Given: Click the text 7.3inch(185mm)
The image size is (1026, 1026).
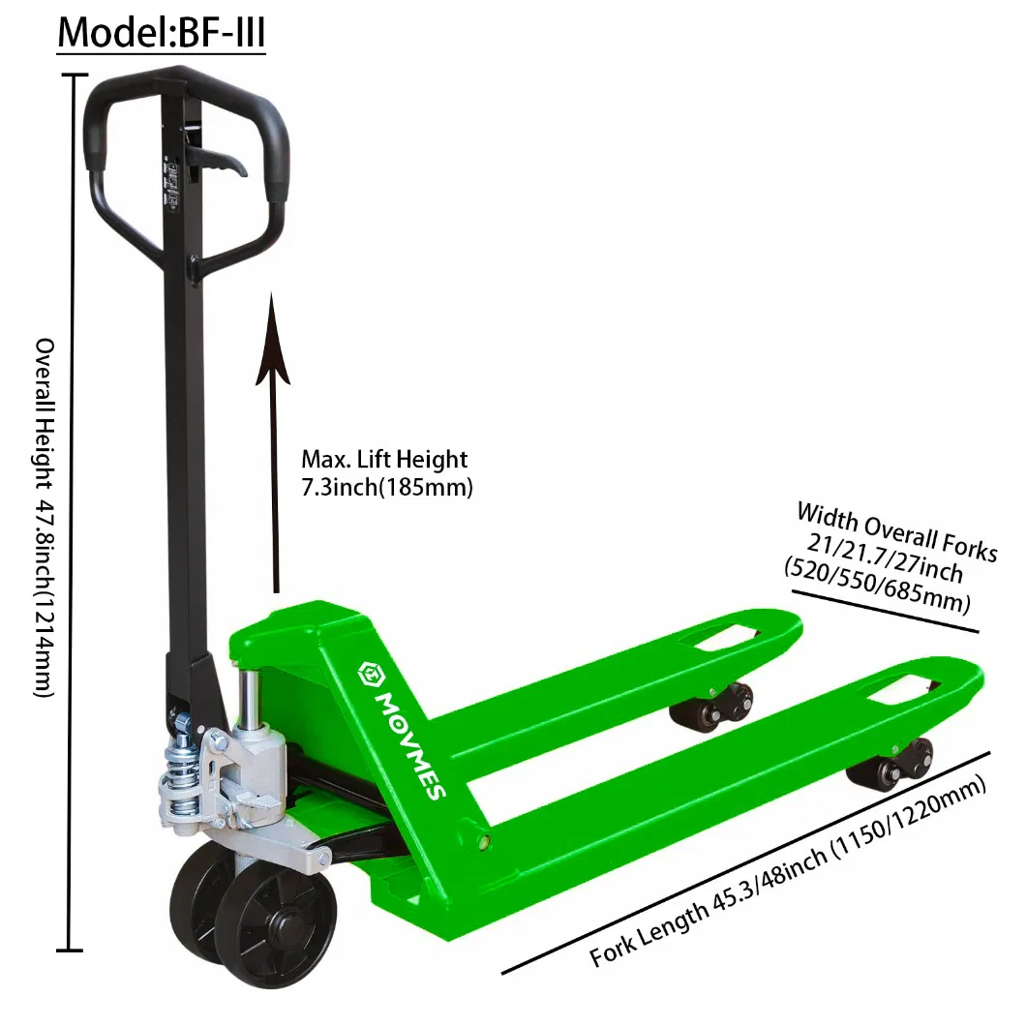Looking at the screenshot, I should tap(386, 488).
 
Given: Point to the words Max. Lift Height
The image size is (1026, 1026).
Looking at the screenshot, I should tap(383, 459).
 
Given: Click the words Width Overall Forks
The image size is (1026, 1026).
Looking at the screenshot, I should tap(895, 532).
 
